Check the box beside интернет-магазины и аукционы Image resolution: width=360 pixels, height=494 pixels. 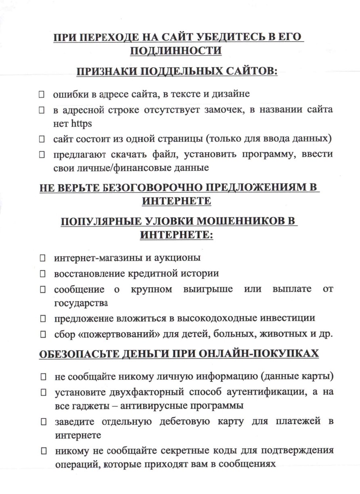coord(42,257)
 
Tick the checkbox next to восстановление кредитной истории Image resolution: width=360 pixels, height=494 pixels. coord(42,274)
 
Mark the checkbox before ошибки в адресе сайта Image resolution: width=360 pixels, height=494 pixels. coord(41,95)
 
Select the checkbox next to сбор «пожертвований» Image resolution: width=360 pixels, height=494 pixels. coord(42,334)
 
